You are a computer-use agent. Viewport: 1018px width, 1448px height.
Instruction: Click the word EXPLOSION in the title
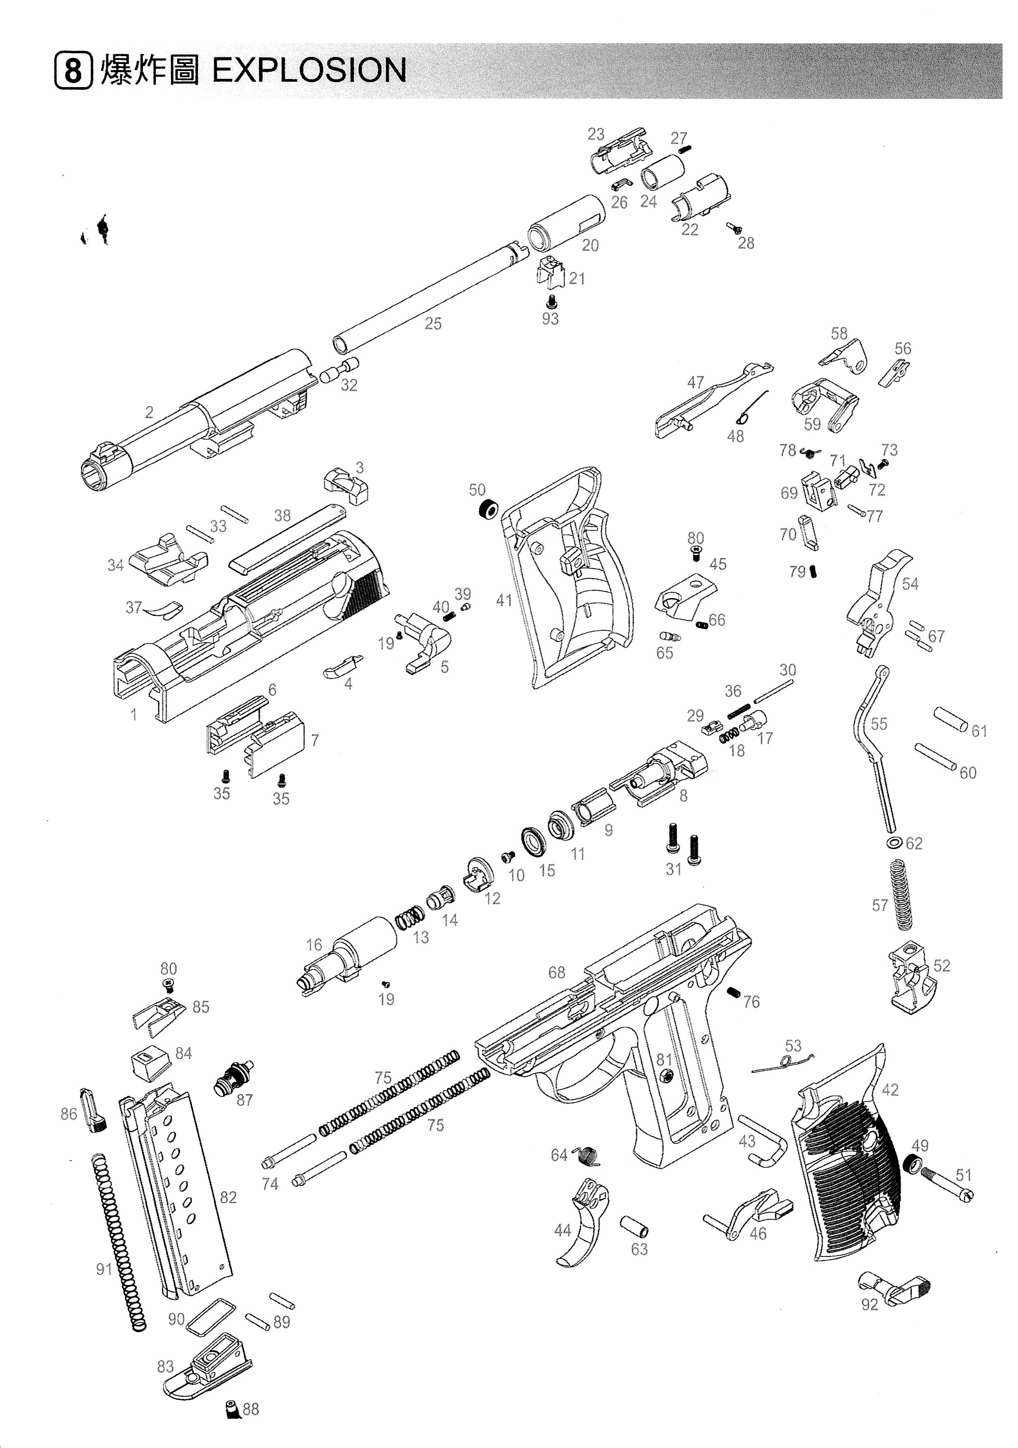[x=309, y=71]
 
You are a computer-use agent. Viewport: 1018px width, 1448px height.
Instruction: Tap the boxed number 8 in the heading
[x=73, y=71]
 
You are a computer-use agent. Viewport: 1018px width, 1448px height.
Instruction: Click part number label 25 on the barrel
[x=433, y=324]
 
